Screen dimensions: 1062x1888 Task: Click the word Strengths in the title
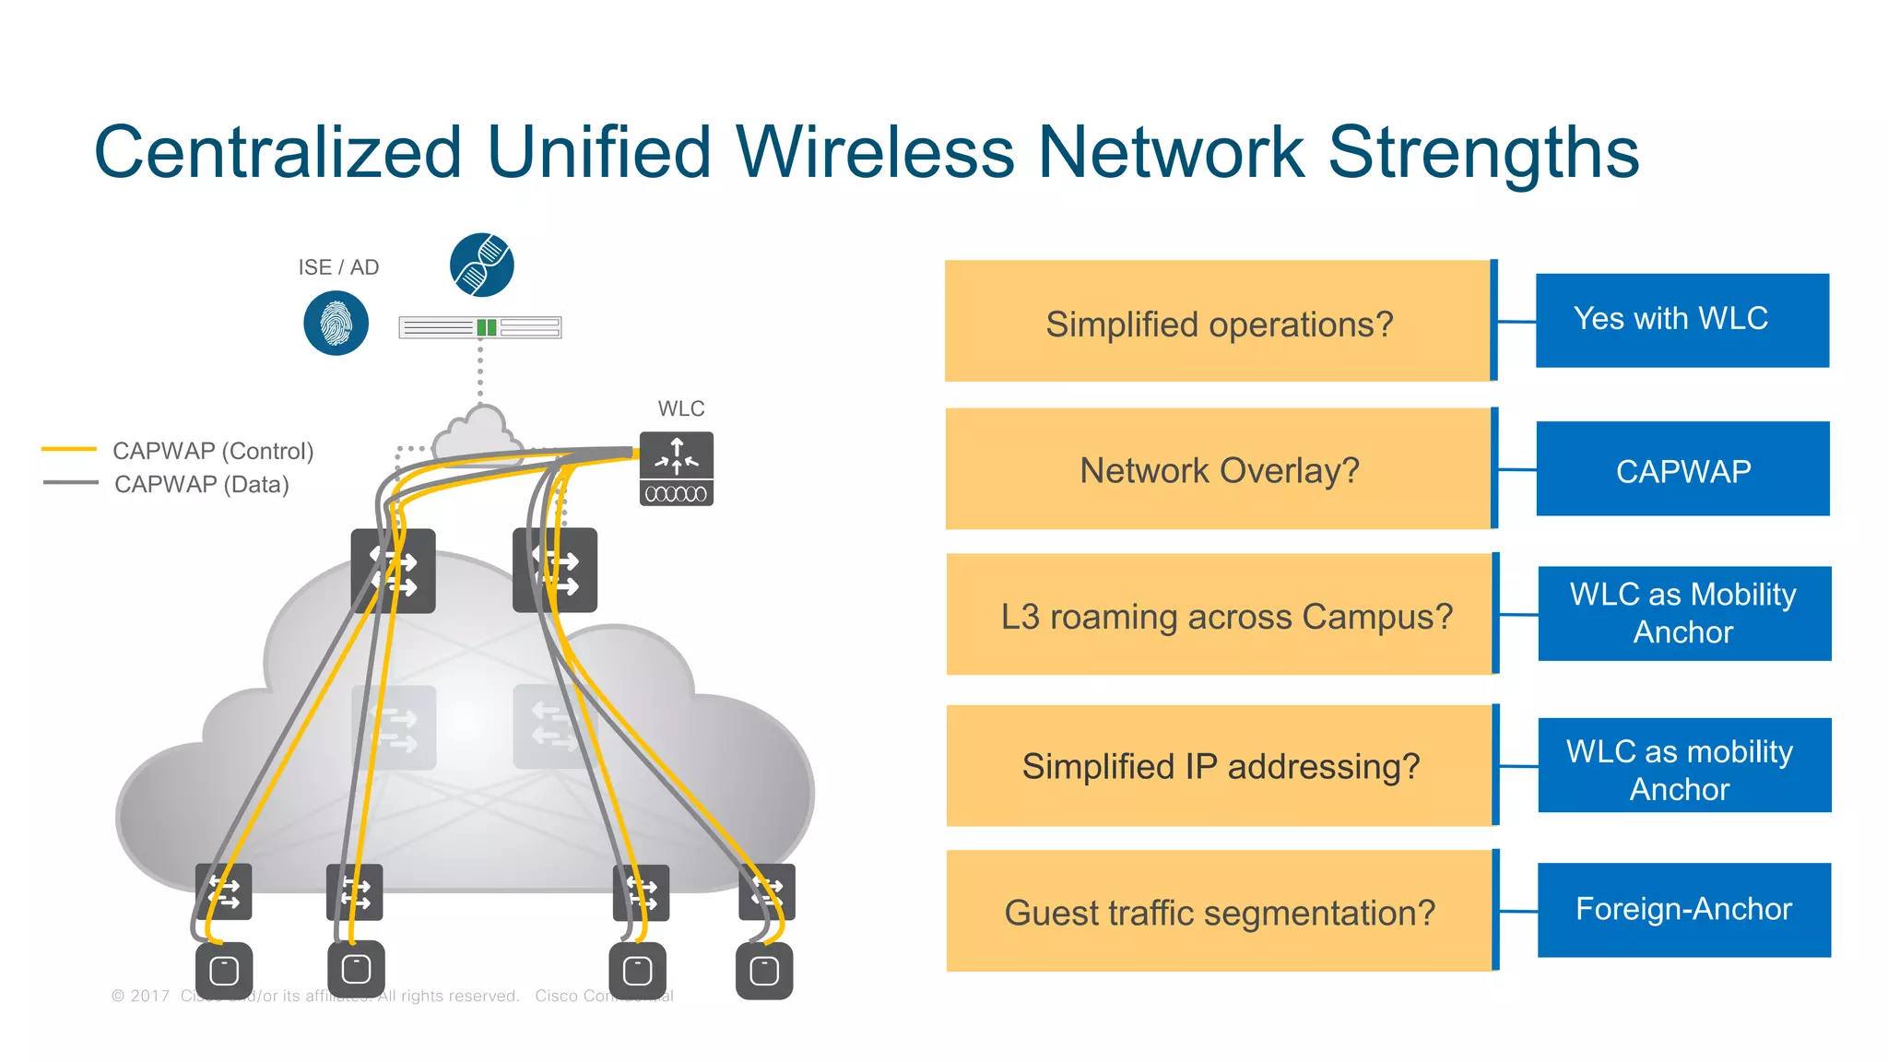point(1482,153)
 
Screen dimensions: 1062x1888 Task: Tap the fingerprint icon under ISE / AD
point(336,323)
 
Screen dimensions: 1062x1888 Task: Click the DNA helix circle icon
point(481,265)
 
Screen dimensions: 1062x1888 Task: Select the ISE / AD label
point(338,267)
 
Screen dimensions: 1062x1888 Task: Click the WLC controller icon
point(677,468)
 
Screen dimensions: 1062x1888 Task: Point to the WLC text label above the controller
point(680,408)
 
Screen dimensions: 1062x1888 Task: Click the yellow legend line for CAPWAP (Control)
point(69,450)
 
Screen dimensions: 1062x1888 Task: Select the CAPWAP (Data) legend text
point(201,485)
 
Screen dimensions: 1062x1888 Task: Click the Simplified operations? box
point(1218,322)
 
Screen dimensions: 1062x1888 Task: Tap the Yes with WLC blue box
point(1681,320)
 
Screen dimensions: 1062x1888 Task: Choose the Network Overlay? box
point(1218,469)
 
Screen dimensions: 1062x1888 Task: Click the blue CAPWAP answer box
point(1682,469)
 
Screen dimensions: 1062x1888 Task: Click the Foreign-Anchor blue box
point(1683,910)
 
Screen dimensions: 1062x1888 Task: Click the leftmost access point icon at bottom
point(224,971)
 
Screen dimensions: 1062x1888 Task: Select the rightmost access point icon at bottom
point(764,971)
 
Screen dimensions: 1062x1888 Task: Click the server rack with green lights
point(479,327)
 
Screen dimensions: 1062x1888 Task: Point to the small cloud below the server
point(477,434)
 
